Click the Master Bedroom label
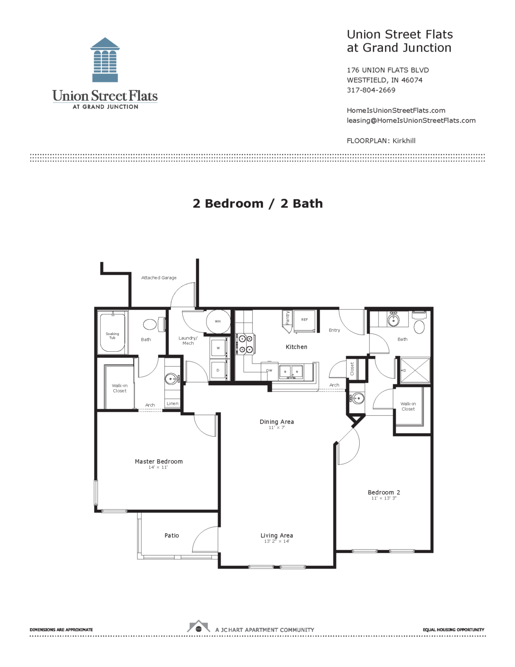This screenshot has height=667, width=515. [158, 461]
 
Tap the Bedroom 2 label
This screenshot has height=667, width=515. [384, 492]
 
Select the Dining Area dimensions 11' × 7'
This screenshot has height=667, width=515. [277, 428]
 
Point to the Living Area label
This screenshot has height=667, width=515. [277, 535]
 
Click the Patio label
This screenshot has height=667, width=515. [172, 535]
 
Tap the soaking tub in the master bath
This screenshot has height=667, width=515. [112, 333]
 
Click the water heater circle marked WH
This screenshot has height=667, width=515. [218, 321]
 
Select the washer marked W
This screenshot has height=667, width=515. [218, 348]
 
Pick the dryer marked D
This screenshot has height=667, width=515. [218, 370]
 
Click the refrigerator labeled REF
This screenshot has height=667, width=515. [304, 320]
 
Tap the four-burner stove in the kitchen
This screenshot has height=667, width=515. [245, 344]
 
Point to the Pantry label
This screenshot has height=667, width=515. [288, 318]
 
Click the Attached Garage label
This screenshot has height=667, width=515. [159, 278]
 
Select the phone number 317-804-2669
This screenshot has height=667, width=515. [371, 90]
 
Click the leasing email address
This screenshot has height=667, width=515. [411, 120]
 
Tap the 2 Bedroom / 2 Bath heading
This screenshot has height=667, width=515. [257, 203]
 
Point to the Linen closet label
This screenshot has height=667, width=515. [173, 404]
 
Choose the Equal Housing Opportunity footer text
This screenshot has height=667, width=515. [453, 630]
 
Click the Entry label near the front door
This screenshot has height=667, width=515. [334, 330]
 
